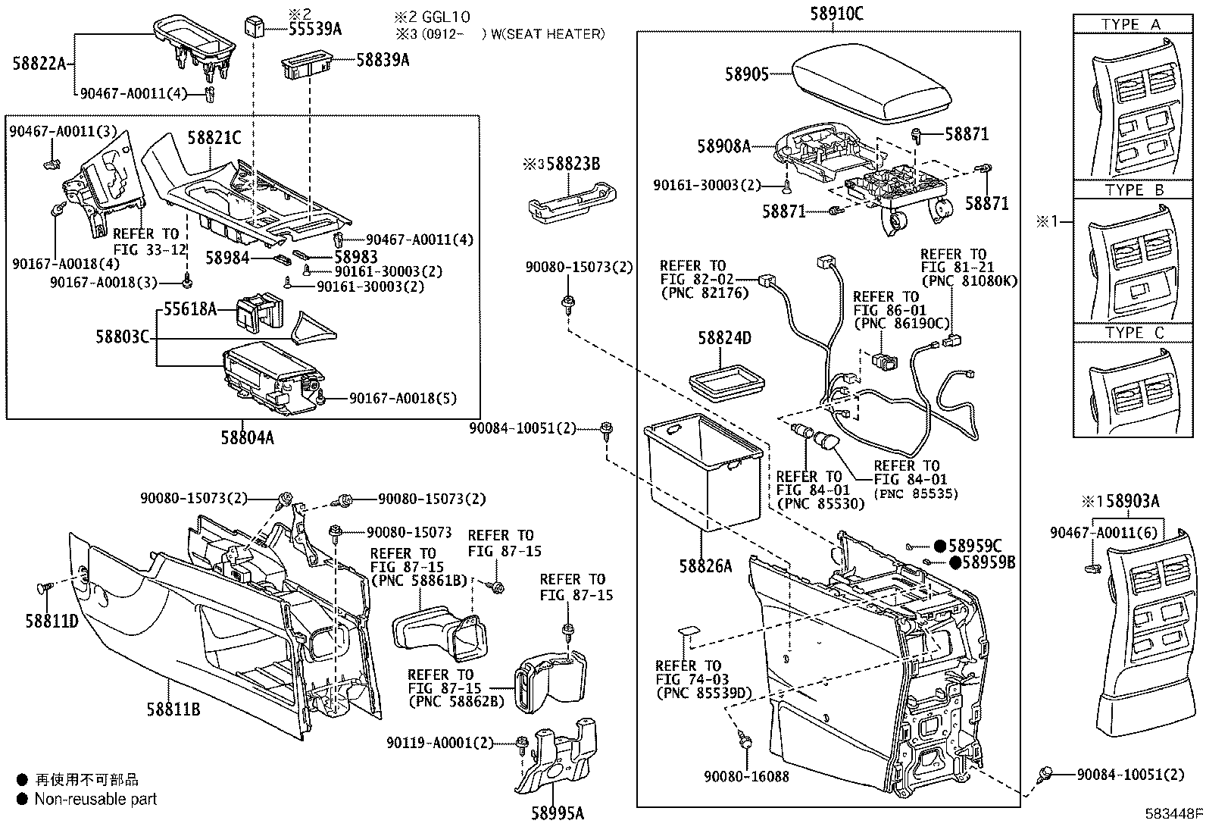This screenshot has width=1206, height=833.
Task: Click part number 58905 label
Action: (747, 74)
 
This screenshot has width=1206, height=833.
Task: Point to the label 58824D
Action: (724, 338)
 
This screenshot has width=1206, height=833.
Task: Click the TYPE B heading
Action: (1134, 190)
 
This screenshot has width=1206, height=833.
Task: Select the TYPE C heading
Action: (1134, 333)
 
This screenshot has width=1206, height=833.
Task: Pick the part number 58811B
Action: (173, 709)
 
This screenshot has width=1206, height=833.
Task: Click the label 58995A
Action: (557, 814)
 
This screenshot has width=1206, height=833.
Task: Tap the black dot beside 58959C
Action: (939, 546)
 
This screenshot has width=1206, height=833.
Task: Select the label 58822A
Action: (39, 64)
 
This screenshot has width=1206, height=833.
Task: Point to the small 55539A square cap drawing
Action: (255, 27)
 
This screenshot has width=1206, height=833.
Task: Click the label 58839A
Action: (383, 60)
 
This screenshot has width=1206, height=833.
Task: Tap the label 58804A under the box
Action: (248, 437)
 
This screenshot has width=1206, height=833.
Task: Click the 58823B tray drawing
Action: (572, 202)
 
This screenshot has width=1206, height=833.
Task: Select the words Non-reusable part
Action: (95, 798)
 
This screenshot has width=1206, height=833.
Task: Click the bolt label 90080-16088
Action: (746, 777)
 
